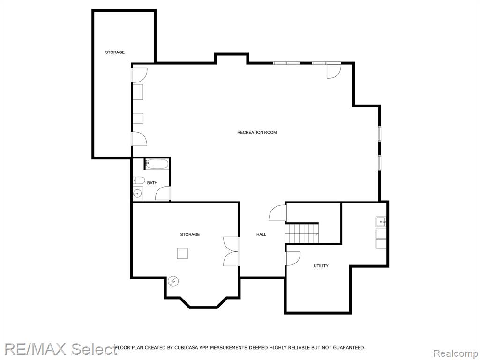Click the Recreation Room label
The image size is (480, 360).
(257, 132)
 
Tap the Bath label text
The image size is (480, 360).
(152, 183)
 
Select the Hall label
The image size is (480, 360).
(261, 234)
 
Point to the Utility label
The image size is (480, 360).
(321, 266)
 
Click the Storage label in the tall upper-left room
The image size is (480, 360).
(115, 52)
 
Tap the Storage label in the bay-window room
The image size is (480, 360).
(190, 234)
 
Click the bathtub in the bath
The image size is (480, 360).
(157, 164)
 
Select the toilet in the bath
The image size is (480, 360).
(139, 180)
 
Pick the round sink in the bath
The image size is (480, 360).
(137, 193)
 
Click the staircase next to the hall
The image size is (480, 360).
(302, 233)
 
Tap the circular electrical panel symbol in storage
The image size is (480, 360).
(173, 281)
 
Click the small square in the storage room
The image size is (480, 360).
(182, 254)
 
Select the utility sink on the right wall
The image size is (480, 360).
(381, 222)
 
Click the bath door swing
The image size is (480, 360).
(163, 194)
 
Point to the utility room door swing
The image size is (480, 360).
(293, 258)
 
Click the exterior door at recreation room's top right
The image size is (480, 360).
(334, 70)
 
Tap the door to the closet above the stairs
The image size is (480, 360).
(277, 213)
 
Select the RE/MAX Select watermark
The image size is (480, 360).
(60, 349)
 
